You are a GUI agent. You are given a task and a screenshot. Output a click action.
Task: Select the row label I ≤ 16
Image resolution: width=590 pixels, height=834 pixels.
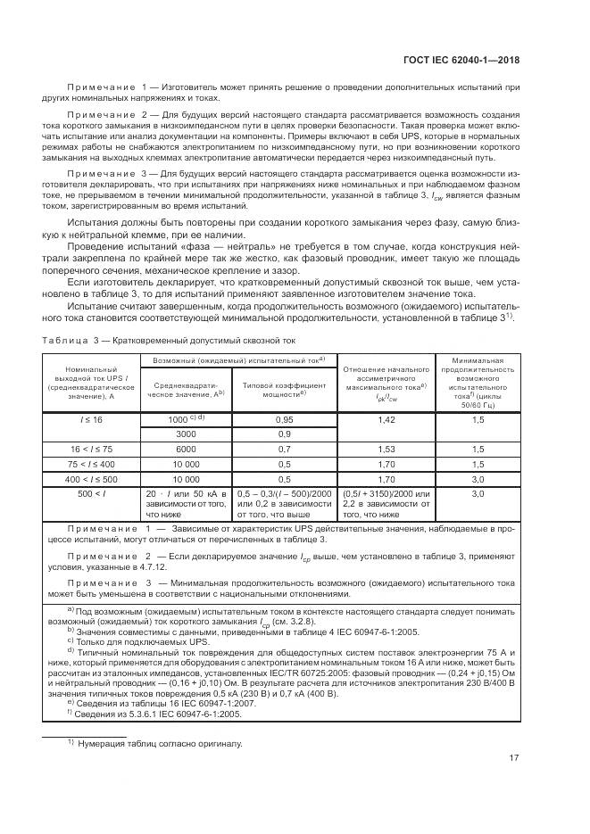coord(92,418)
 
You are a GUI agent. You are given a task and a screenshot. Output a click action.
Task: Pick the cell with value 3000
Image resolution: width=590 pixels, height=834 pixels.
coord(187,433)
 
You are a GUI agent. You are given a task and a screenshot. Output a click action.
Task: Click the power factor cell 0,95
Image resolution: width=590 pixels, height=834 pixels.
coord(285,418)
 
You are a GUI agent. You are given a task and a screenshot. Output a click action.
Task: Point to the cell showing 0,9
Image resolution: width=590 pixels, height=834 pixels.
coord(285,433)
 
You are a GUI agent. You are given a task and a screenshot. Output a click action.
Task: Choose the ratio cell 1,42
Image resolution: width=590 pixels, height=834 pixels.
coord(386,418)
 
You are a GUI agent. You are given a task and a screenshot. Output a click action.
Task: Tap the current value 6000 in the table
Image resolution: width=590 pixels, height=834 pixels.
coord(187,449)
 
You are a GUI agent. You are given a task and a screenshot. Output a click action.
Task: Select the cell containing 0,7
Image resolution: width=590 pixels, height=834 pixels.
coord(285,449)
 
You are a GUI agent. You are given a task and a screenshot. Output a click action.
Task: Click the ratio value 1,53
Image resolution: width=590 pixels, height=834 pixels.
coord(386,449)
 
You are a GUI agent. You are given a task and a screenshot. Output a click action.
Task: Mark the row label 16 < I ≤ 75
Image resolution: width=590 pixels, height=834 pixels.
coord(92,449)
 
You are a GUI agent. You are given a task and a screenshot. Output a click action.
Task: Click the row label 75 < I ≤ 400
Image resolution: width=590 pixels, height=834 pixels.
coord(92,464)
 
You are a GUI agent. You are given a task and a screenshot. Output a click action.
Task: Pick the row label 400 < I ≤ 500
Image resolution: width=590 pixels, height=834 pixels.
coord(92,479)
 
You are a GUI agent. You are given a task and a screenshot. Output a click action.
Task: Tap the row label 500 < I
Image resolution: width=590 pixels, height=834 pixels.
coord(92,493)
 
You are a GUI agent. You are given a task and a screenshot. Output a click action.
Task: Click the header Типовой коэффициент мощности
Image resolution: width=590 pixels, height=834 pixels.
coord(285,387)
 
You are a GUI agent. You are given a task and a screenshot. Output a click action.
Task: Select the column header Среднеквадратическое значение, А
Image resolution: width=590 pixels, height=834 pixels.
coord(187,387)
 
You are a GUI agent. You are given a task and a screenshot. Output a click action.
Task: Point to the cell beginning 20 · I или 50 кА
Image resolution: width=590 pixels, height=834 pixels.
coord(187,504)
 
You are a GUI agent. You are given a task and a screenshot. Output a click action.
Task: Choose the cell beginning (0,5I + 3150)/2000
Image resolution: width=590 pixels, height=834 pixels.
coord(386,504)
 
